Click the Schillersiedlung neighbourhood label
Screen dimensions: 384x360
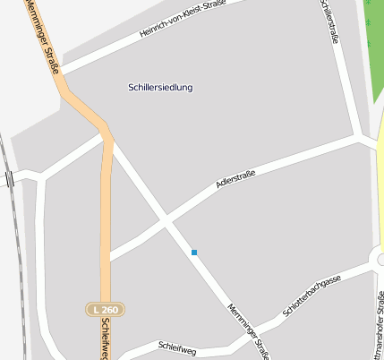[160, 88]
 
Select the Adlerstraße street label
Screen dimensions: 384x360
[235, 179]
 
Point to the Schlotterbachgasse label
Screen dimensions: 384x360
[311, 296]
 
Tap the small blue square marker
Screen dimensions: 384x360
[193, 253]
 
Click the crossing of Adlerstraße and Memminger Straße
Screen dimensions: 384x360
[165, 219]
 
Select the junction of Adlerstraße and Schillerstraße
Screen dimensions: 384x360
[359, 139]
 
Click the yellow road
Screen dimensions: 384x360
[380, 179]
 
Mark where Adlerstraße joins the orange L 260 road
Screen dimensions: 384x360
[109, 255]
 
